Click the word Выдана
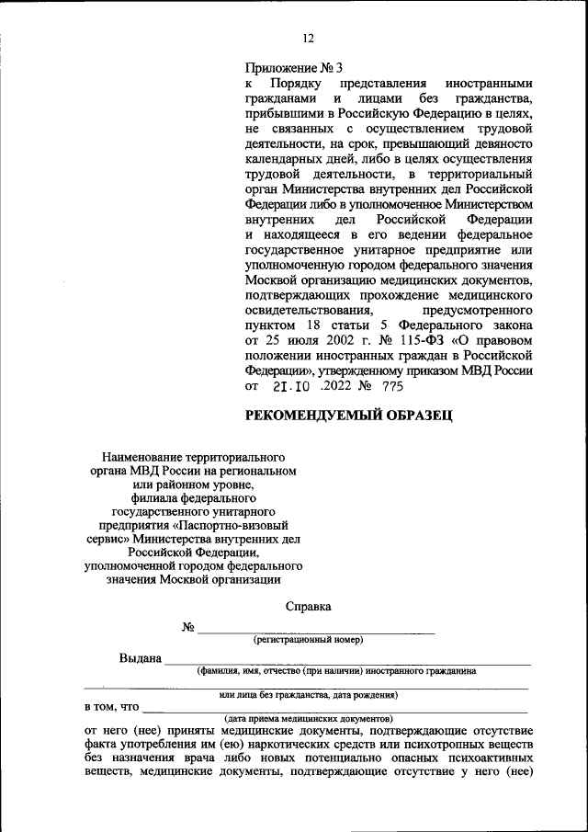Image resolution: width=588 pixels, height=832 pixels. point(141,658)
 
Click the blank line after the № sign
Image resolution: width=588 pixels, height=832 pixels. point(316,630)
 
